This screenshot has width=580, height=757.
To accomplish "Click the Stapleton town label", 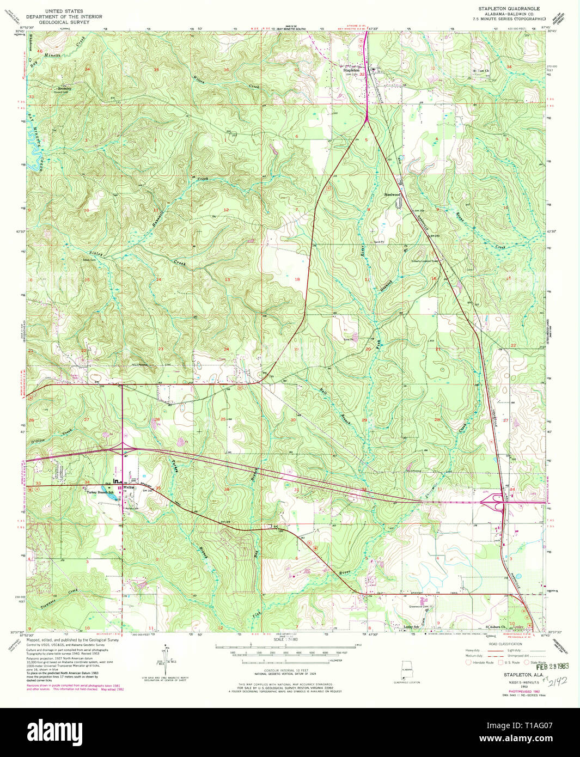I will pyautogui.click(x=351, y=70).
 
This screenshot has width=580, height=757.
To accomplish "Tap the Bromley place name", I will pyautogui.click(x=64, y=88).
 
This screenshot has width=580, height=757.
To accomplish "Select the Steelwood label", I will pyautogui.click(x=392, y=194).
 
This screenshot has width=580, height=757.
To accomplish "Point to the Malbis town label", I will pyautogui.click(x=129, y=487).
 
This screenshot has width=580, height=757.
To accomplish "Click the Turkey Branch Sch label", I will pyautogui.click(x=100, y=492).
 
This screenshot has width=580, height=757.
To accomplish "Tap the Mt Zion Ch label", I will pyautogui.click(x=481, y=71).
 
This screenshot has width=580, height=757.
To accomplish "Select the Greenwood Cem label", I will pyautogui.click(x=419, y=606).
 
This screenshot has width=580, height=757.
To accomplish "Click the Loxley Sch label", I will pyautogui.click(x=411, y=627).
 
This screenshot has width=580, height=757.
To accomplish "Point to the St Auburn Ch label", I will pyautogui.click(x=496, y=627).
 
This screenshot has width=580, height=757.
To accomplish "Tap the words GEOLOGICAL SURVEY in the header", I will pyautogui.click(x=73, y=22).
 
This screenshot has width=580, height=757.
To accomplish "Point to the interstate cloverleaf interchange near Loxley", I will pyautogui.click(x=499, y=499).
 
